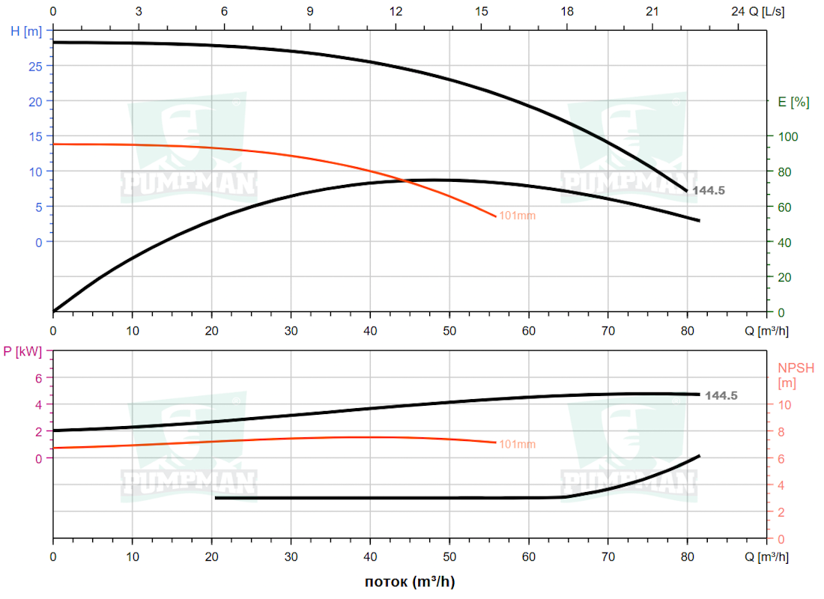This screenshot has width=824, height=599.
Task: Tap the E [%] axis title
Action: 794,103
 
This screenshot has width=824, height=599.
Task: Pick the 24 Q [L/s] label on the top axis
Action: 761,12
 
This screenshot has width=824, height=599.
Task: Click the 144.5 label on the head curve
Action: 708,191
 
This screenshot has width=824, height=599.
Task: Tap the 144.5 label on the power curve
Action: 721,395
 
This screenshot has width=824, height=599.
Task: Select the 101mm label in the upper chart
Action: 518,216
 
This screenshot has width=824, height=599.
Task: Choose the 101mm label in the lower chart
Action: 518,445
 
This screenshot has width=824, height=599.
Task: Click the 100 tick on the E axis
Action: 783,136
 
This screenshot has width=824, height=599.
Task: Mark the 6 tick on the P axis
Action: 39,378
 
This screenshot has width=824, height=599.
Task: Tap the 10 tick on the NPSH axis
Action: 784,405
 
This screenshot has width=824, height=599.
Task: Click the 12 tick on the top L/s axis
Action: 396,12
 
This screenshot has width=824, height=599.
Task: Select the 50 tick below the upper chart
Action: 449,330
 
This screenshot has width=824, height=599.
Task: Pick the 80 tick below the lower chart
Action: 687,557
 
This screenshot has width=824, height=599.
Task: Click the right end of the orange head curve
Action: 496,216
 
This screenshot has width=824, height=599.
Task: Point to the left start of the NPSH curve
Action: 216,498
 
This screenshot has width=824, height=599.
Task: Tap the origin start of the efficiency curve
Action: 54,311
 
